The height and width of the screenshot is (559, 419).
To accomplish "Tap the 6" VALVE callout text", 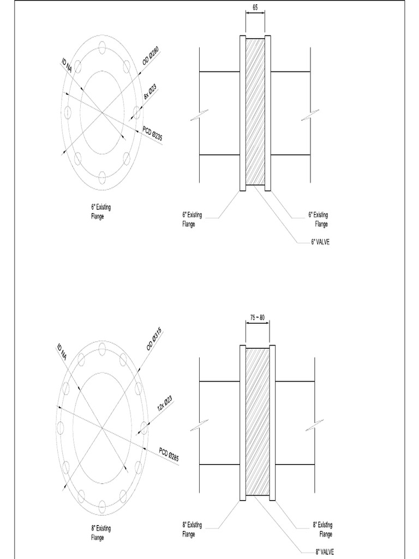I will click(320, 241).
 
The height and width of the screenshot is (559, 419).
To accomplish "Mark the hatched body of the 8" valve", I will click(258, 421).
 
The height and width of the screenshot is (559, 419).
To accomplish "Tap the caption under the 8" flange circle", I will click(101, 533).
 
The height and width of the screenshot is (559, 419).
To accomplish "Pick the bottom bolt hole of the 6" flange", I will click(102, 176).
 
